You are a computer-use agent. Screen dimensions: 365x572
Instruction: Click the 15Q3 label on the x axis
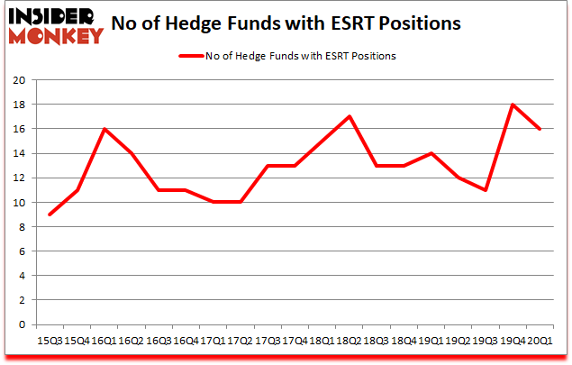(49, 340)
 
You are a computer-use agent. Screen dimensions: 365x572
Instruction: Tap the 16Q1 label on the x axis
(105, 340)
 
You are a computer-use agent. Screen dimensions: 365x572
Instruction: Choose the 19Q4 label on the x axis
(513, 340)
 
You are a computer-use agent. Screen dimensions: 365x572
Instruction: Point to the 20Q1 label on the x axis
(540, 340)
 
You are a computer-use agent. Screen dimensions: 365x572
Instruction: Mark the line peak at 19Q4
(513, 105)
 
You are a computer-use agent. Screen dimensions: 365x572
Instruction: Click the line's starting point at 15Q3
(49, 214)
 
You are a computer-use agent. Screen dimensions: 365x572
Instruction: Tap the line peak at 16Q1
(105, 129)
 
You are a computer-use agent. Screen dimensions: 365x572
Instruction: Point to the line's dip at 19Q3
(486, 190)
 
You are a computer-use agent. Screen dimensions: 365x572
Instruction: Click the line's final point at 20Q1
(540, 129)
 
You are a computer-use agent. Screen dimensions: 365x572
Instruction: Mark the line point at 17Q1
(213, 202)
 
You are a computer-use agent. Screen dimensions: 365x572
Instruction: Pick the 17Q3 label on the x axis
(268, 340)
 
